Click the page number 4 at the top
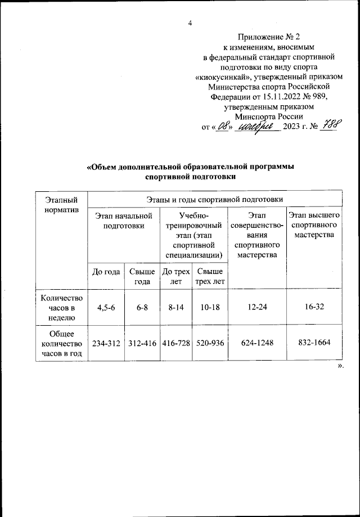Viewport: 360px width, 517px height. (190, 23)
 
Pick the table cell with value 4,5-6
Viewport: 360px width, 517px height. (106, 308)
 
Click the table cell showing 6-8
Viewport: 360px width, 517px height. (142, 308)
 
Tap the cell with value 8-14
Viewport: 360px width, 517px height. (176, 308)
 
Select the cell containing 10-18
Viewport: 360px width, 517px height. (209, 308)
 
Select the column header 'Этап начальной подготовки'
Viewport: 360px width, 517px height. (124, 220)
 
